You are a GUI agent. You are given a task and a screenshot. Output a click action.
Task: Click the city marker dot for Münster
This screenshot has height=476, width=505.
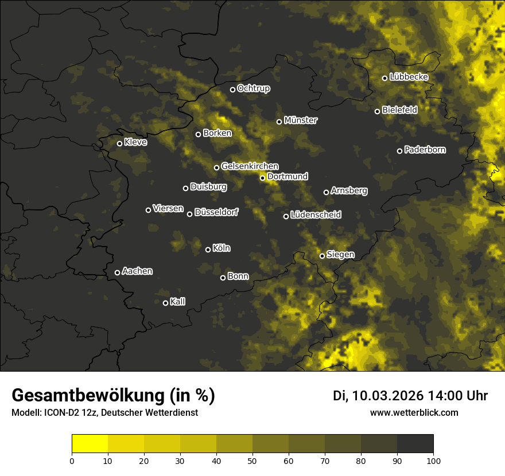tap(279, 122)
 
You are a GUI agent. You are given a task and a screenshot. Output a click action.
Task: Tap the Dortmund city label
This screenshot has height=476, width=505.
tap(288, 177)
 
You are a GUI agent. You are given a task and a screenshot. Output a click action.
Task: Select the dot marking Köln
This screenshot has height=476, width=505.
tap(208, 249)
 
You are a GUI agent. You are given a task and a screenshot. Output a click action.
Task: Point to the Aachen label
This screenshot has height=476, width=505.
tap(137, 271)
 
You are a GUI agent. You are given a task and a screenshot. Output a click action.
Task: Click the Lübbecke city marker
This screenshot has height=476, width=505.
tap(384, 78)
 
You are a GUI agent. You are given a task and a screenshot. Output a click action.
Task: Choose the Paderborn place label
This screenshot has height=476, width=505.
tap(425, 150)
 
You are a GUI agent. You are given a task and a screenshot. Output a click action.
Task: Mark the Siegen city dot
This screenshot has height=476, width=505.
tap(322, 256)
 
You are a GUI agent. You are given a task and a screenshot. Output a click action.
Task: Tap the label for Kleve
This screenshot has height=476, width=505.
tap(135, 142)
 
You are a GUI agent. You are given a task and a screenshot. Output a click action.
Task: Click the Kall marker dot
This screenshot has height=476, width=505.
tap(166, 303)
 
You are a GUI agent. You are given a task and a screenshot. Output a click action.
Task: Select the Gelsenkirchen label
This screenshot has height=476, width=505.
tap(250, 166)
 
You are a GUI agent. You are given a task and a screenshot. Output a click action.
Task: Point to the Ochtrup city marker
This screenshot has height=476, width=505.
tap(233, 89)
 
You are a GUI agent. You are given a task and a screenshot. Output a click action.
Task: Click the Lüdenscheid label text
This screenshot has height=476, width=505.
tap(316, 215)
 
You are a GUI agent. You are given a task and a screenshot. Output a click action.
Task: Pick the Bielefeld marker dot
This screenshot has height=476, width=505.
tap(378, 111)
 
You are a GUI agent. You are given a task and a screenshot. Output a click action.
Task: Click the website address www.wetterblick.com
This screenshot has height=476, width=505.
tap(414, 412)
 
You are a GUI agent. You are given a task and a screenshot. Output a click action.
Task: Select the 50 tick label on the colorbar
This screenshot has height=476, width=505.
tap(252, 460)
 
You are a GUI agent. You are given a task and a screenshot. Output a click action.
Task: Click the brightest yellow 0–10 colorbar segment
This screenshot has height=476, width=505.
tap(90, 444)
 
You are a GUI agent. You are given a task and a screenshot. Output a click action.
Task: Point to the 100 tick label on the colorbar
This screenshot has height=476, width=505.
tap(433, 460)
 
